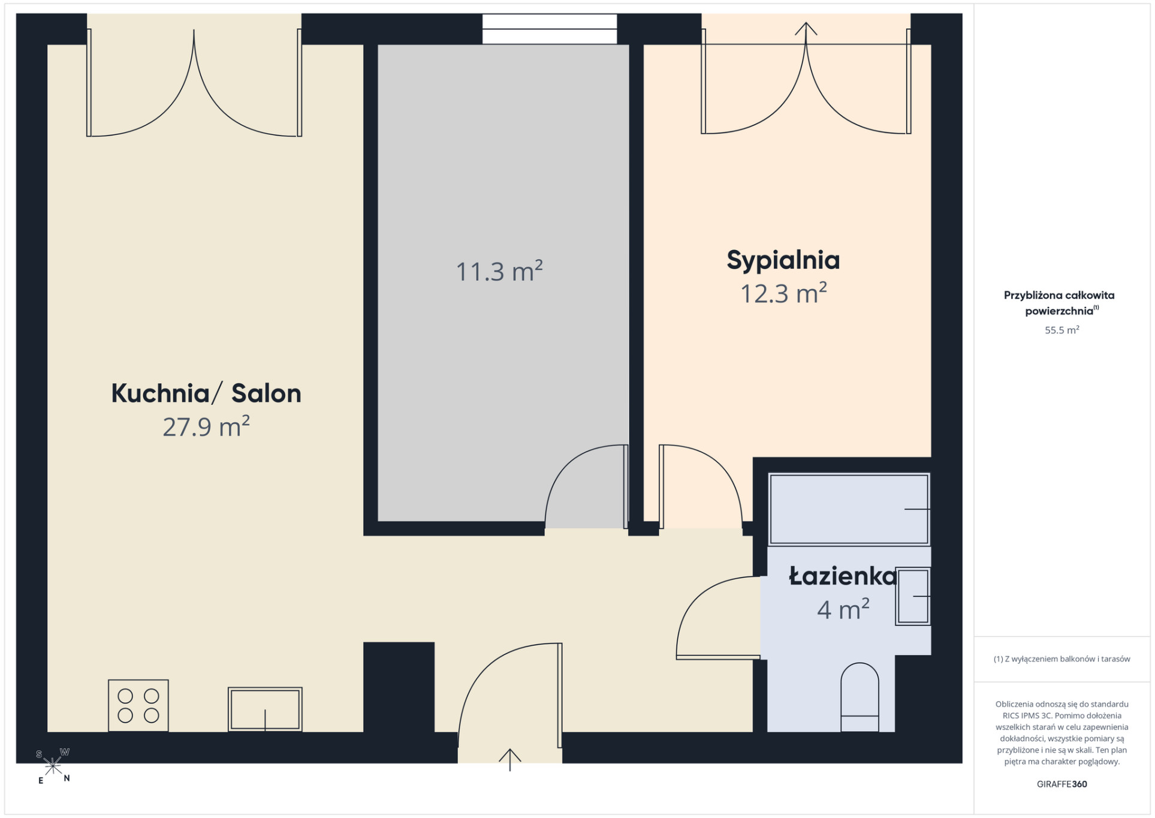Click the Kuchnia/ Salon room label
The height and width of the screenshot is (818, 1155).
(206, 393)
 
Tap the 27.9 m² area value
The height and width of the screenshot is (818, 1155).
(206, 426)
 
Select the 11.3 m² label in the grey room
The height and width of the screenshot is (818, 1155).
(499, 271)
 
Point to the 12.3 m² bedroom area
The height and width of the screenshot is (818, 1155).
(783, 293)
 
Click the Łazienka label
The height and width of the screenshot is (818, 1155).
(843, 576)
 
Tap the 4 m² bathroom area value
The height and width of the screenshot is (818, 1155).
(843, 609)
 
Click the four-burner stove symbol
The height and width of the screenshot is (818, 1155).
(138, 706)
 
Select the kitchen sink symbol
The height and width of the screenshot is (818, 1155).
(265, 709)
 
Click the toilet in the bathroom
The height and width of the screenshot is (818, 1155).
(860, 697)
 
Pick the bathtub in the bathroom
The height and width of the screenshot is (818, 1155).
(849, 509)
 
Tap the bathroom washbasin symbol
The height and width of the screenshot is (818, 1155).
(912, 596)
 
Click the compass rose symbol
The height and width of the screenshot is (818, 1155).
(53, 766)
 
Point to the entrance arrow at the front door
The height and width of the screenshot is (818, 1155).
(510, 760)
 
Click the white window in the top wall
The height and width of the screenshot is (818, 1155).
(550, 29)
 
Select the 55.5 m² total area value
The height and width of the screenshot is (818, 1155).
(1062, 330)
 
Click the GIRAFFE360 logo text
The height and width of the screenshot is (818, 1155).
(1062, 784)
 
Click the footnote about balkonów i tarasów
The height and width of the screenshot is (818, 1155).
(1062, 659)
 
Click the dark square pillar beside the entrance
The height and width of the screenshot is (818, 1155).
(399, 687)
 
